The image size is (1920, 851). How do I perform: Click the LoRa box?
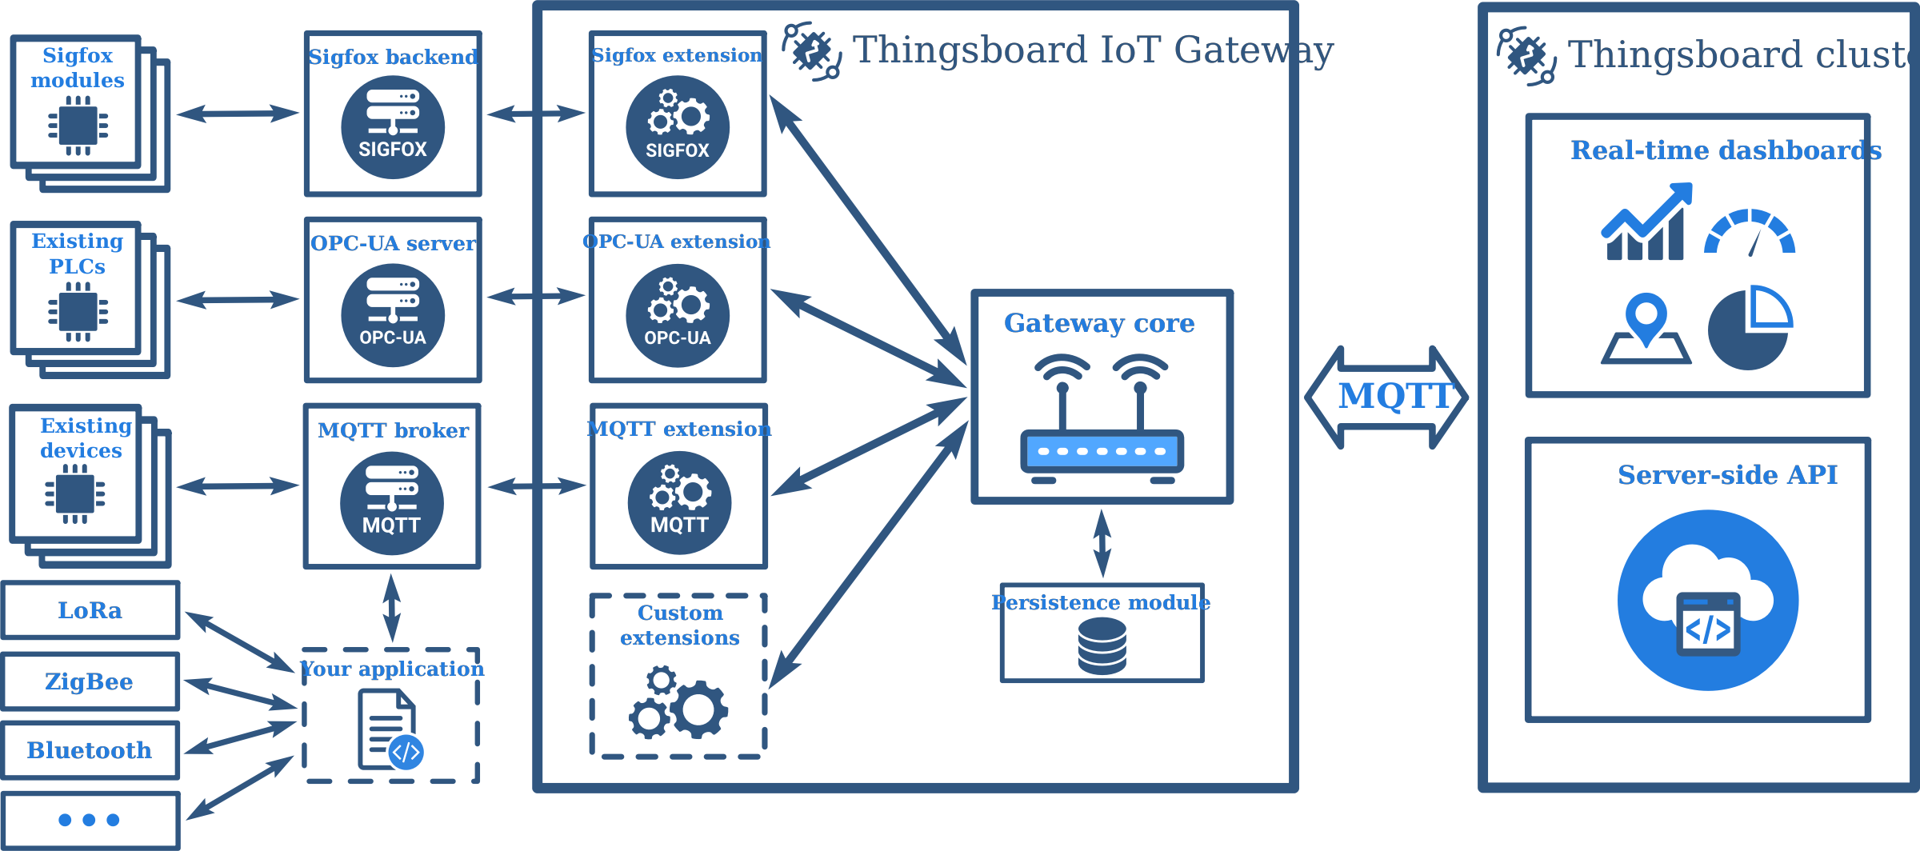click(90, 610)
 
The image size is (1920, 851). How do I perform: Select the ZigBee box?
click(90, 681)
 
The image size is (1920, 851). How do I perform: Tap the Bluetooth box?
click(90, 750)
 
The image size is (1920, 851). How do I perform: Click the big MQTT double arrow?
click(1386, 397)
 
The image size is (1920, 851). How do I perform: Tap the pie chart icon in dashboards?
click(1750, 328)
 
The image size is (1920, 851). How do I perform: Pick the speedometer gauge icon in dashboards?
click(1750, 233)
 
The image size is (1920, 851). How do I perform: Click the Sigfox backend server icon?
click(393, 127)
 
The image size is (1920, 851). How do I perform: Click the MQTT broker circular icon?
click(392, 503)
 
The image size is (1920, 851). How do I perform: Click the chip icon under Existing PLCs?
click(78, 312)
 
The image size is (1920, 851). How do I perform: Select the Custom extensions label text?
click(679, 625)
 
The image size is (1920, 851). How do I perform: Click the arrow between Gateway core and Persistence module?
click(1102, 544)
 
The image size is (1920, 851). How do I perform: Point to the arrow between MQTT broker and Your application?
click(391, 608)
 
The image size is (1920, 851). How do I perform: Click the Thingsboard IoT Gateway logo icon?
click(811, 51)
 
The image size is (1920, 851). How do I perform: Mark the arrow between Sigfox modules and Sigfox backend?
click(238, 114)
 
